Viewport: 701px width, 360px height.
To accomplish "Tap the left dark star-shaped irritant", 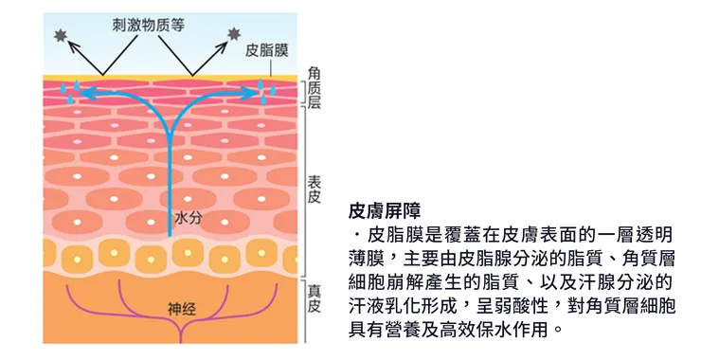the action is click(60, 37).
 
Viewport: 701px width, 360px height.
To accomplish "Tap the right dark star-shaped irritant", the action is click(234, 36).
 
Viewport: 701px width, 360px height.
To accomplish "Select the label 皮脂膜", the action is click(268, 48).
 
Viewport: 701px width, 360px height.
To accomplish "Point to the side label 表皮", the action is click(314, 187).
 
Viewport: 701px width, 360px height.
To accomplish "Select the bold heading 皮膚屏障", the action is click(384, 208).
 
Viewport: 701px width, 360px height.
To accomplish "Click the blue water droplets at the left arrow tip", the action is click(67, 92).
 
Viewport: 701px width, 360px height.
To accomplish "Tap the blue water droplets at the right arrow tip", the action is click(268, 90).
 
